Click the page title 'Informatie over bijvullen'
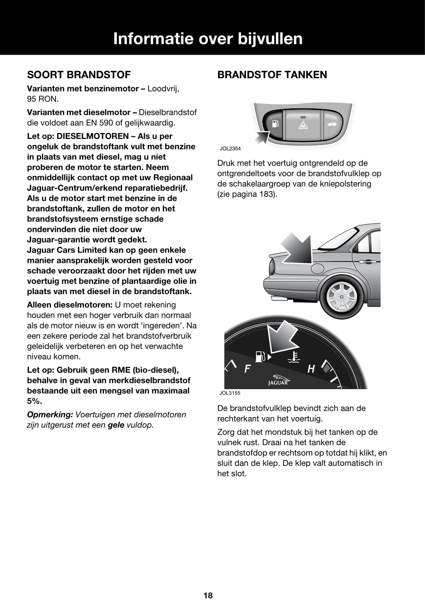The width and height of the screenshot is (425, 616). pyautogui.click(x=208, y=39)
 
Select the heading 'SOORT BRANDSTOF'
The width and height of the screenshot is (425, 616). pyautogui.click(x=79, y=75)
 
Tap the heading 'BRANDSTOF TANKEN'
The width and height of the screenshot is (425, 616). pyautogui.click(x=272, y=75)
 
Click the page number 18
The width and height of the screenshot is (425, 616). pyautogui.click(x=208, y=596)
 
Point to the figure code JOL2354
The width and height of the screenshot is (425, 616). pyautogui.click(x=230, y=149)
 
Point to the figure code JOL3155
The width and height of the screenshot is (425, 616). pyautogui.click(x=230, y=393)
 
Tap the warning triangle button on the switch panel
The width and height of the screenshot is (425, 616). pyautogui.click(x=303, y=125)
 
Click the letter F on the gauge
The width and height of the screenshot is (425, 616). pyautogui.click(x=247, y=369)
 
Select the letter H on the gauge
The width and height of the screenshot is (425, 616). pyautogui.click(x=311, y=369)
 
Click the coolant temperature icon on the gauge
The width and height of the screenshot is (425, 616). pyautogui.click(x=295, y=356)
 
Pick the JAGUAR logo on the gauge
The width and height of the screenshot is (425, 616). pyautogui.click(x=278, y=380)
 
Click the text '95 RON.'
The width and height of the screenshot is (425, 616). pyautogui.click(x=43, y=99)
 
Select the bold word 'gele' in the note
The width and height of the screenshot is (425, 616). pyautogui.click(x=116, y=425)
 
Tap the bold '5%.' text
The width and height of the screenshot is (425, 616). pyautogui.click(x=35, y=401)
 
